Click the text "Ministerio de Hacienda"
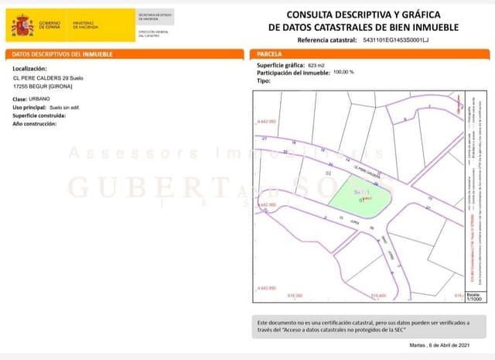[84, 25]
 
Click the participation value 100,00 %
[343, 72]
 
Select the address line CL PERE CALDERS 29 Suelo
[52, 78]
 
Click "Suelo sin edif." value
[66, 108]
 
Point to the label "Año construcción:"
[35, 124]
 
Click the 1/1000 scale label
[474, 298]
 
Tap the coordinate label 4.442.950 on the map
[265, 122]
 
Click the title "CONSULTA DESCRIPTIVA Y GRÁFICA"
[363, 15]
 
